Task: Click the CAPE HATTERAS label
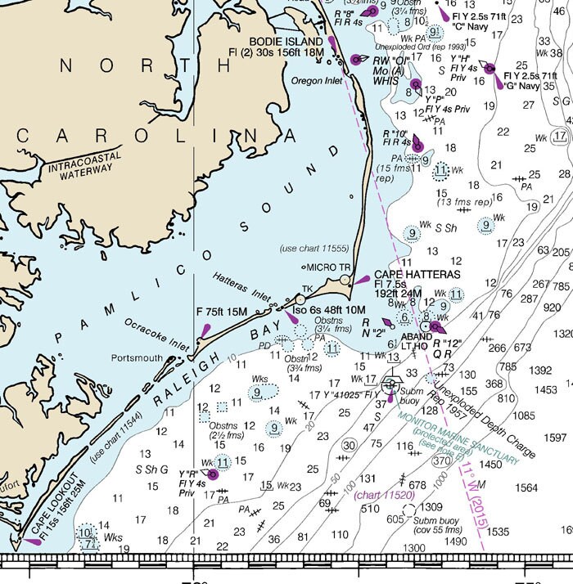coord(417,275)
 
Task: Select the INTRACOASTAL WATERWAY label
coord(79,162)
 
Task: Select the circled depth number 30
coord(349,444)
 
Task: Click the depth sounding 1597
coord(555,438)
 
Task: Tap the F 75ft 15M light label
coord(222,311)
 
